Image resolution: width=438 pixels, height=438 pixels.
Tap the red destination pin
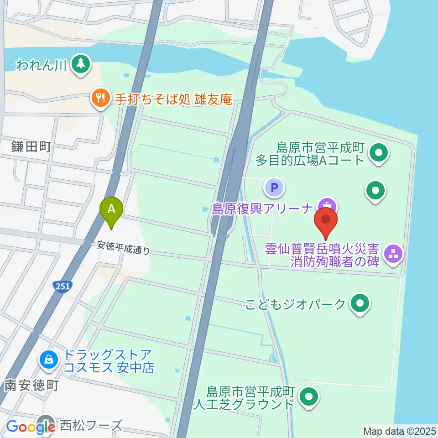click(326, 221)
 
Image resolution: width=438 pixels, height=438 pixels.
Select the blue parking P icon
click(274, 187)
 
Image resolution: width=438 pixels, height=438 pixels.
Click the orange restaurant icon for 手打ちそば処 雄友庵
click(99, 98)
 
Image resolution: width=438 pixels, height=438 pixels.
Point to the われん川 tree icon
click(81, 64)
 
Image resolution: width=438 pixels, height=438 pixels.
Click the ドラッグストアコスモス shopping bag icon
click(48, 360)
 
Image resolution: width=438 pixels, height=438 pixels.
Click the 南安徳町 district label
click(31, 386)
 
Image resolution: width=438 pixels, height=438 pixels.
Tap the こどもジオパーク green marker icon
click(360, 303)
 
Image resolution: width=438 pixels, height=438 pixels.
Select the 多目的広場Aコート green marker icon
click(378, 153)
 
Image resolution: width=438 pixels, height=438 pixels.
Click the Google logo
click(31, 427)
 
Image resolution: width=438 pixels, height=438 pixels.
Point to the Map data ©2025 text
click(399, 431)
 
